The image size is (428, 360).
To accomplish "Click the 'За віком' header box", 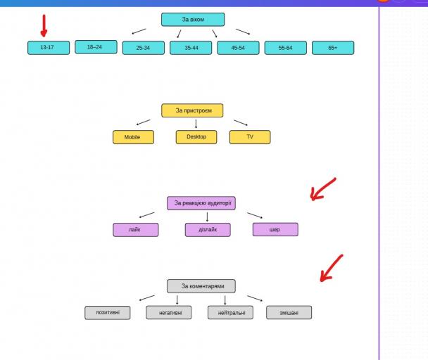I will [193, 20].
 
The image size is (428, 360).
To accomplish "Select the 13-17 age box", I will [49, 48].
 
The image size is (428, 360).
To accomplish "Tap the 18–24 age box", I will [95, 47].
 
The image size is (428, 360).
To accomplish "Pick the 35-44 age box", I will [191, 48].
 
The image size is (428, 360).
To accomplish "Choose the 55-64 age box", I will [285, 48].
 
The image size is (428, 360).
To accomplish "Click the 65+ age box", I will [333, 48].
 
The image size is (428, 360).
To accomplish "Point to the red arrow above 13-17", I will [44, 26].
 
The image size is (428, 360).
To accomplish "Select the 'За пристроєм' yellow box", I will [192, 110].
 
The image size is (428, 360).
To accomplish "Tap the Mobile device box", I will [133, 137].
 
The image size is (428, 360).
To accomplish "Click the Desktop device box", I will [196, 136].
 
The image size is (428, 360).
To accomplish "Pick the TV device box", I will [250, 136].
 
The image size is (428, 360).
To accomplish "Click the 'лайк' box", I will [135, 230].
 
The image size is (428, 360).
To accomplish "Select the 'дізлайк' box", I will [208, 230].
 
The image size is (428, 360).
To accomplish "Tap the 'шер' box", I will [275, 230].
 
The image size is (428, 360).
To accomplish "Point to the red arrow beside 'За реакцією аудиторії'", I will [323, 188].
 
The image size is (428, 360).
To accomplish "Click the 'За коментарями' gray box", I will [201, 286].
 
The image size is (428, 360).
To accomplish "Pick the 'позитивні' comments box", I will [108, 312].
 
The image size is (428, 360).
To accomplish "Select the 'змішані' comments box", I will [289, 312].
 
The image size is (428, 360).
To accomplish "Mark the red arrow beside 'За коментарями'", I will [332, 268].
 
